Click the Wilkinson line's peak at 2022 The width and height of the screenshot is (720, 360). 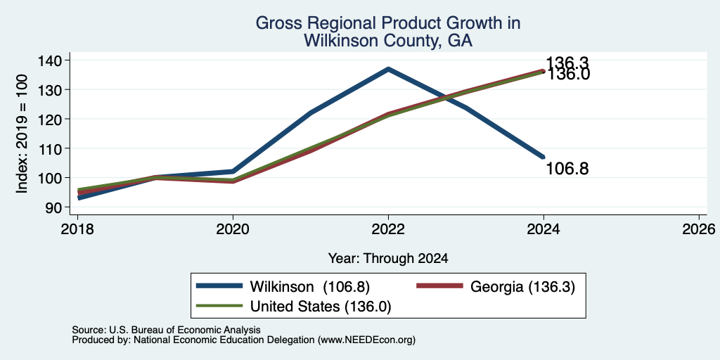[388, 69]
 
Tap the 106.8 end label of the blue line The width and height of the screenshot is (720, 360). [567, 169]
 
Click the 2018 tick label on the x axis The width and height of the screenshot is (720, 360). [77, 229]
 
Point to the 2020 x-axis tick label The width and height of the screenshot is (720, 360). [233, 229]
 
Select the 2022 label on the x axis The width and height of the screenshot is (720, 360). [388, 229]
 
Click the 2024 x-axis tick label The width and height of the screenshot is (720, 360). [544, 229]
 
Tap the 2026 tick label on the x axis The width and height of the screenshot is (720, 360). [699, 229]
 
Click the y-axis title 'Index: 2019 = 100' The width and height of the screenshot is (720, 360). [22, 134]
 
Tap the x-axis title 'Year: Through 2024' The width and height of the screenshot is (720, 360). [388, 259]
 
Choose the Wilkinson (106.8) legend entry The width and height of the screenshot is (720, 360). [283, 287]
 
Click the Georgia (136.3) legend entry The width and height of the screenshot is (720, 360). [496, 287]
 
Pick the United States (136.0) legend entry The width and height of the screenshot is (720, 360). [294, 306]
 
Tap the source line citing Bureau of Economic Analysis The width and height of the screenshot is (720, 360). [166, 330]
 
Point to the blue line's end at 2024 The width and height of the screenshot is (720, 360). [544, 157]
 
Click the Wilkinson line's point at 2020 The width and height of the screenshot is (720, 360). [233, 172]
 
